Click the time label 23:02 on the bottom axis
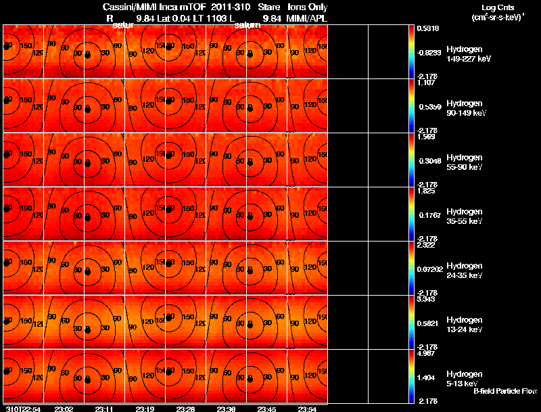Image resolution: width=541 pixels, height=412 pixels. [64, 409]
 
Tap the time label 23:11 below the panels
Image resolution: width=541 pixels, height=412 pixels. [105, 409]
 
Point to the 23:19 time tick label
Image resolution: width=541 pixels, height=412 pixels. [145, 409]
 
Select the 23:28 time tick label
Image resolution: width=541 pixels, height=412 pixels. [185, 409]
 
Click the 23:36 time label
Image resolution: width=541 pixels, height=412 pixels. [227, 409]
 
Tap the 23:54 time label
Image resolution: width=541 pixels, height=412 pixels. [308, 409]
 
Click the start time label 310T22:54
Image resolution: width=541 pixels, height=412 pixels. [22, 409]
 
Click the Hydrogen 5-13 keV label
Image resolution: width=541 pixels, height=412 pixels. [464, 379]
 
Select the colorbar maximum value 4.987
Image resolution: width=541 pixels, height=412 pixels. [426, 353]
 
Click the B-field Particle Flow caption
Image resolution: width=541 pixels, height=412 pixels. [504, 391]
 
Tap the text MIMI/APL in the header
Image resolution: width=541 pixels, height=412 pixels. [308, 18]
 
